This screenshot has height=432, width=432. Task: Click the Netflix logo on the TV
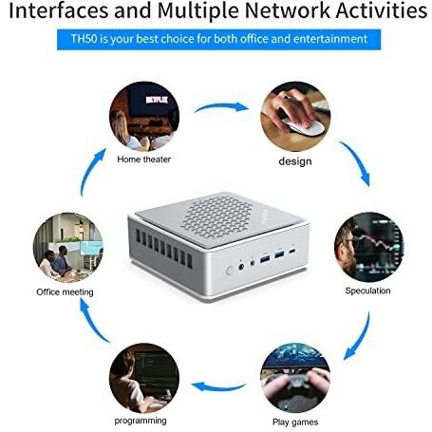(157, 100)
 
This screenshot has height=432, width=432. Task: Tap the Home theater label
(143, 160)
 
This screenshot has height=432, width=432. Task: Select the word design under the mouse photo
(295, 161)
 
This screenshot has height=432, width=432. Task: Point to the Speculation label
(367, 291)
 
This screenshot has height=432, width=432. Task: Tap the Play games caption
(295, 422)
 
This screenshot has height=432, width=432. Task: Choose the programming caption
(141, 421)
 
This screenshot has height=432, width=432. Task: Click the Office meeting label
(65, 291)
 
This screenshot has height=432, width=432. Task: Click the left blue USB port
(265, 258)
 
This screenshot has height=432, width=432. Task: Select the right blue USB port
(279, 254)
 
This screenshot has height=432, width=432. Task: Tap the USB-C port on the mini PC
(292, 252)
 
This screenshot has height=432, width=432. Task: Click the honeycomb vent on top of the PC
(218, 217)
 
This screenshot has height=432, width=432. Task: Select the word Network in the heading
(288, 10)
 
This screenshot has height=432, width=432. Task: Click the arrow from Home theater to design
(221, 106)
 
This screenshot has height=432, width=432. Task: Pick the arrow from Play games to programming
(218, 387)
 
